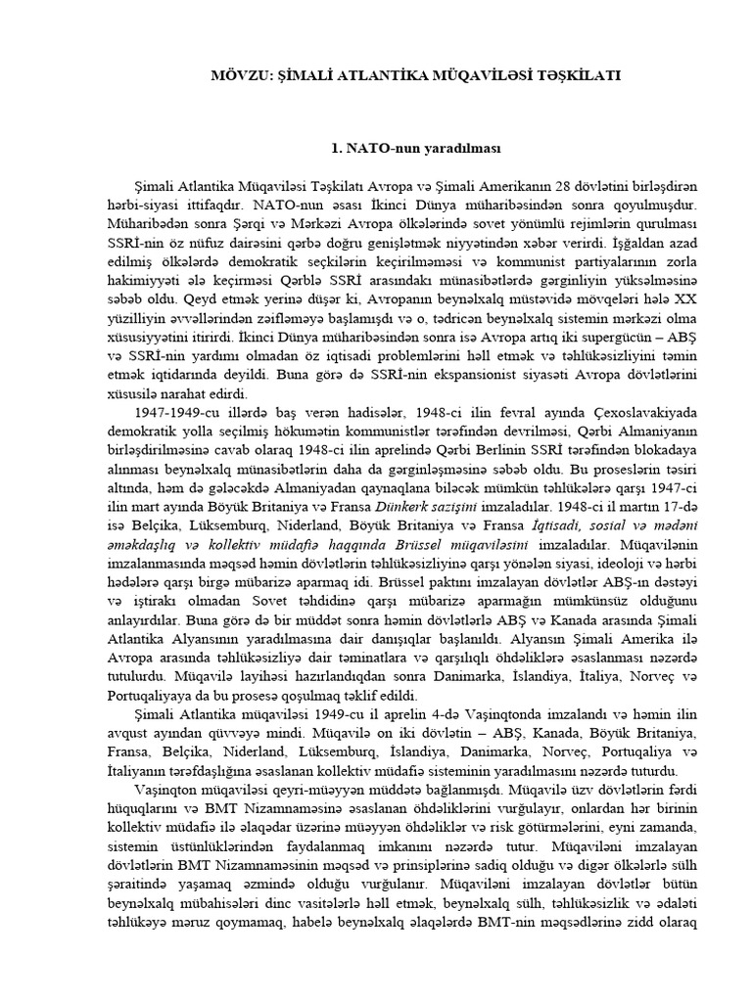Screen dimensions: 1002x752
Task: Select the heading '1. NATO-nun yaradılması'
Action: point(416,149)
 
